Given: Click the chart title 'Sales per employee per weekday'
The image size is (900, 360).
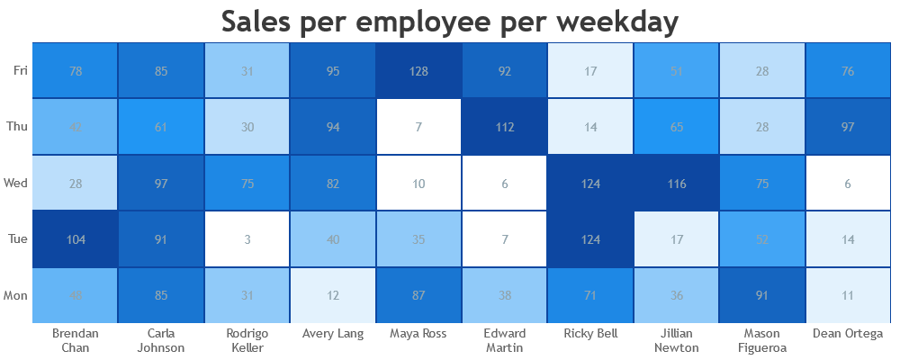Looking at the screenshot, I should [x=449, y=22].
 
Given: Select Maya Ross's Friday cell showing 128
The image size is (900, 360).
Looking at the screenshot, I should [x=419, y=70].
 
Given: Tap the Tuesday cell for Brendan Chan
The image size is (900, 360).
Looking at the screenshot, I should [x=76, y=238].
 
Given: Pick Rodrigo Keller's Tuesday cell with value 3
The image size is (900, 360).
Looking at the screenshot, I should [x=247, y=238].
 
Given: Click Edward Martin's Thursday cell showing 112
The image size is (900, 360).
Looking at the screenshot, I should [x=505, y=127].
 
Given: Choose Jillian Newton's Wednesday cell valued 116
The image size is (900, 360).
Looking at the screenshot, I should [x=677, y=183].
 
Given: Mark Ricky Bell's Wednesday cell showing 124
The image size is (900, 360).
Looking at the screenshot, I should [x=591, y=183].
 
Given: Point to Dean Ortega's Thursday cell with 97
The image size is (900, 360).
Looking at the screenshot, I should [x=849, y=127].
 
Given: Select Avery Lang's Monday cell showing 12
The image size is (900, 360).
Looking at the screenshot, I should [x=333, y=295].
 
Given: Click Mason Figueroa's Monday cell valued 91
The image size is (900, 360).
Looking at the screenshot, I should [x=763, y=295].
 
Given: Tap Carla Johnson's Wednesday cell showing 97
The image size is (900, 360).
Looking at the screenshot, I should [x=161, y=183].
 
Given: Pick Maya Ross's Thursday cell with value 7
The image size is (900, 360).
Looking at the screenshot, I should [x=419, y=127].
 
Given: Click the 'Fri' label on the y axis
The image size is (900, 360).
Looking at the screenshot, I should [x=20, y=70].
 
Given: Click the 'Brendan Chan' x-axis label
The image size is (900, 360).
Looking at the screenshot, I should [x=76, y=340].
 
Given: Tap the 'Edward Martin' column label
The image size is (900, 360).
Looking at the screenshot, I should [x=505, y=340].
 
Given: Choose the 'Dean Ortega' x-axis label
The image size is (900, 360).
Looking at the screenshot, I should [x=849, y=334].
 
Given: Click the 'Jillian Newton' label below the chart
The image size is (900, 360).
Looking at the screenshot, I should [x=677, y=340].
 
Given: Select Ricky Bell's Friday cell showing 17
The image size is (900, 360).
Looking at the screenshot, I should [x=591, y=70].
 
